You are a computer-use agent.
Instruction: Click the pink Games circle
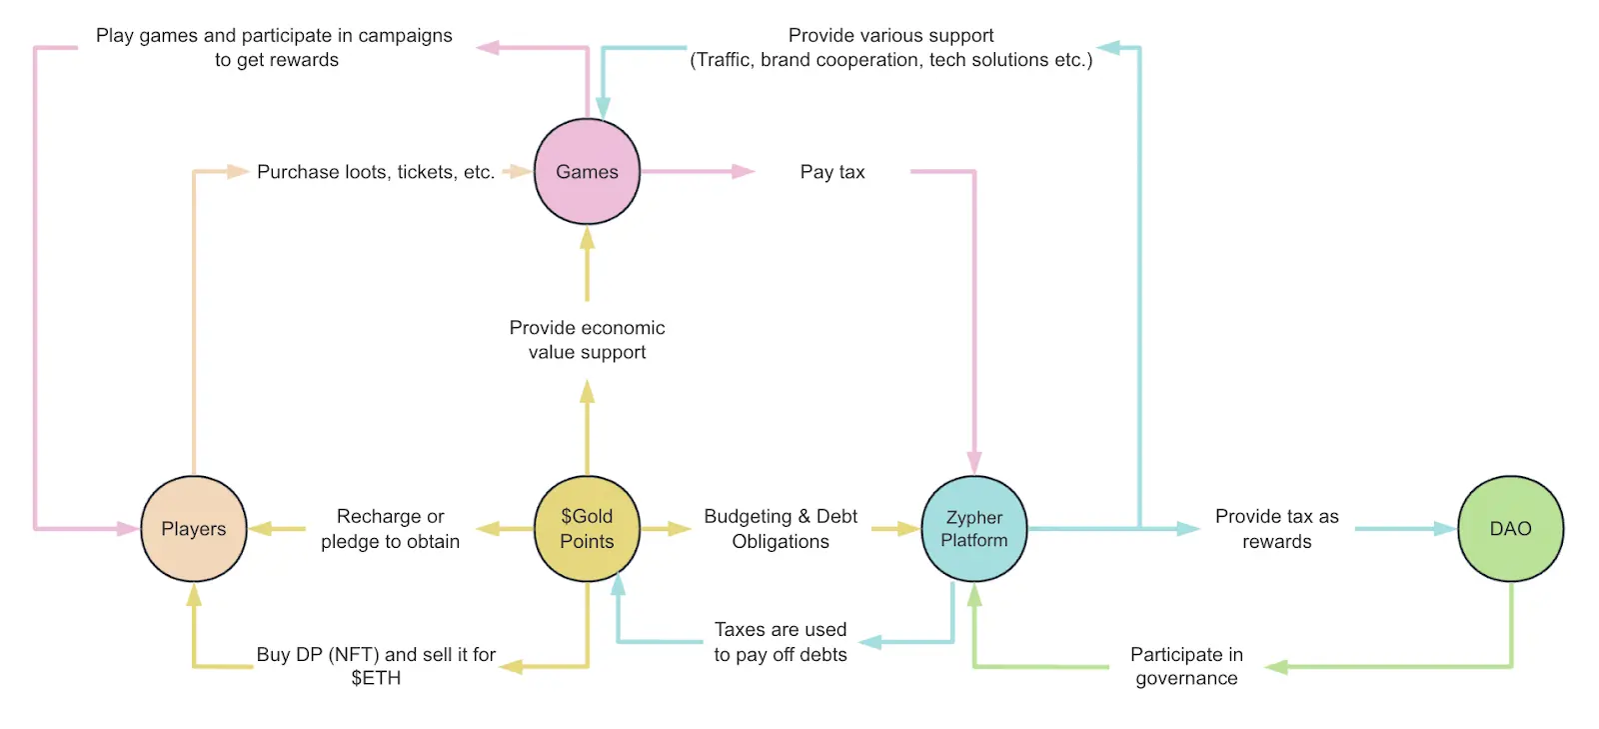[x=587, y=171]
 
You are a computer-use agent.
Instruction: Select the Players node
[x=194, y=528]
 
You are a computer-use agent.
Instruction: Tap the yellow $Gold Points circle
[x=587, y=528]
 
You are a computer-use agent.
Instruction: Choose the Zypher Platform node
[x=973, y=528]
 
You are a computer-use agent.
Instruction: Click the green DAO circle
[x=1510, y=528]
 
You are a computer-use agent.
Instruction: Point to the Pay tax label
[x=832, y=172]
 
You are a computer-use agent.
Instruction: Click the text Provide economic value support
[x=587, y=340]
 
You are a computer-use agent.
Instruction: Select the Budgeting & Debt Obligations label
[x=781, y=529]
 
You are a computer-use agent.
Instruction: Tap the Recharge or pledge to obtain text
[x=390, y=529]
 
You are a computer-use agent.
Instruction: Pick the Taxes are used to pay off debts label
[x=781, y=642]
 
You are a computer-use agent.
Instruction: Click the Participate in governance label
[x=1186, y=666]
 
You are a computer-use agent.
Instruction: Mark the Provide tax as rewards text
[x=1276, y=529]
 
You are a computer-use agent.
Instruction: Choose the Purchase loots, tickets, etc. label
[x=376, y=172]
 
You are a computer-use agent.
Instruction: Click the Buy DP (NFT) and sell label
[x=376, y=654]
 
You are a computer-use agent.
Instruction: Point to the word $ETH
[x=376, y=678]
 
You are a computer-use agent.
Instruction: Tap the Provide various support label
[x=890, y=36]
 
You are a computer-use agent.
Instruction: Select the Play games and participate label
[x=274, y=36]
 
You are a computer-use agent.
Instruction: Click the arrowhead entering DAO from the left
[x=1445, y=528]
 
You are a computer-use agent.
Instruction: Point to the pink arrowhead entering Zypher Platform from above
[x=974, y=463]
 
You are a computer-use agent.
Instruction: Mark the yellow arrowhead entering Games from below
[x=587, y=238]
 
